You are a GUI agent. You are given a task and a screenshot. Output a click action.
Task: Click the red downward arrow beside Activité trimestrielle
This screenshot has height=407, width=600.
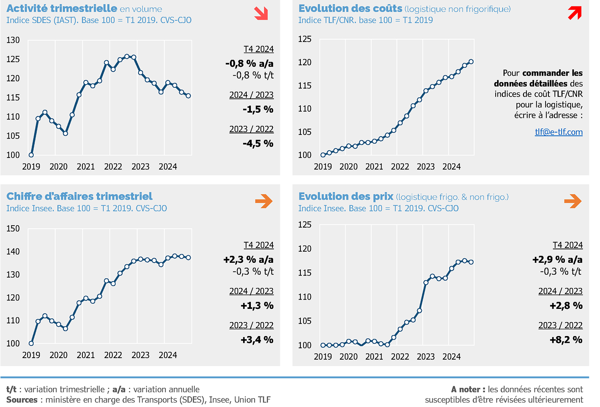tap(261, 13)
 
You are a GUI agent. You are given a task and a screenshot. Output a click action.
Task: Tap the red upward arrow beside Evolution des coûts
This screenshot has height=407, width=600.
tap(574, 13)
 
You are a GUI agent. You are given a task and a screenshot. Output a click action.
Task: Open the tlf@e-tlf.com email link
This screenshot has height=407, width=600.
tap(558, 132)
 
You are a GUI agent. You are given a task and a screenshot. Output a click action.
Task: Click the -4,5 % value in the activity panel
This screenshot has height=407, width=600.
tap(258, 143)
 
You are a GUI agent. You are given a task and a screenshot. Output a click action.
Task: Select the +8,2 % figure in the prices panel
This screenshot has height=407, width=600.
tap(566, 340)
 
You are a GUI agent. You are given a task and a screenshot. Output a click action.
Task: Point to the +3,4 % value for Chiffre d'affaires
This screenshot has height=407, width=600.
tap(257, 340)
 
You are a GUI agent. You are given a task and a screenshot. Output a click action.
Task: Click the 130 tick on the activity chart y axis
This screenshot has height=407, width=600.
tap(13, 40)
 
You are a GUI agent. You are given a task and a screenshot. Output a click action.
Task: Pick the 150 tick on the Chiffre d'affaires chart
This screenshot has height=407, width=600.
tap(13, 229)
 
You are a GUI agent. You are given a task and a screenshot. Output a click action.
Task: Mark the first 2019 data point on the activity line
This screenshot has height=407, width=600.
tap(31, 155)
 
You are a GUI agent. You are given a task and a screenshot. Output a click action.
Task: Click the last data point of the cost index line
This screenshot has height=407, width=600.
tap(471, 62)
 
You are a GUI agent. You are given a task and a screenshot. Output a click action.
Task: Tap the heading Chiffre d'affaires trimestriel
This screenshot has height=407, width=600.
tap(80, 196)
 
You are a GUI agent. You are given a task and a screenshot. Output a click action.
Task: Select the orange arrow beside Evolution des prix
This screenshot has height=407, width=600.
tap(573, 201)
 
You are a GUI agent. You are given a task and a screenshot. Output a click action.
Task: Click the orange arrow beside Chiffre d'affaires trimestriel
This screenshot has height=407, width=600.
tap(264, 201)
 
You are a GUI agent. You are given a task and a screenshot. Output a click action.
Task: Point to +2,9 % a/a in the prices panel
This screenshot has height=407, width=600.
tap(557, 260)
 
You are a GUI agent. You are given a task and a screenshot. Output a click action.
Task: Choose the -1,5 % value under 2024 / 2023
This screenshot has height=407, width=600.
tap(258, 109)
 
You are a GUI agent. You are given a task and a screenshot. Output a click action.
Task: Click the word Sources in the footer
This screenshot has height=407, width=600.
tap(22, 400)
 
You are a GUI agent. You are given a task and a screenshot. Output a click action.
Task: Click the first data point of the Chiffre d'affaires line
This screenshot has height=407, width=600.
tap(31, 343)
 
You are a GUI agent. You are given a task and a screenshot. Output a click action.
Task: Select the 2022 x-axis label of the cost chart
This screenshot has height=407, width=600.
tap(400, 167)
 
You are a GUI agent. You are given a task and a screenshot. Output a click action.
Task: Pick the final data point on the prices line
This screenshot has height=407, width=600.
tap(471, 262)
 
